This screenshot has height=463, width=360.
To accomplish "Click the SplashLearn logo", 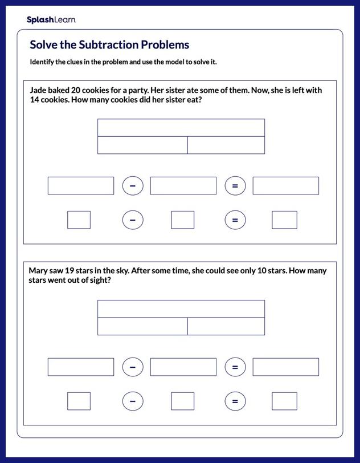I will tap(51, 20).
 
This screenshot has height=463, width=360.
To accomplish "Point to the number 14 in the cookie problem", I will tap(36, 100).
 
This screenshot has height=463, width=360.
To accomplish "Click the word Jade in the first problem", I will tap(39, 91).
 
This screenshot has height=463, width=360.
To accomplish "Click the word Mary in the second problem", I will tap(39, 271).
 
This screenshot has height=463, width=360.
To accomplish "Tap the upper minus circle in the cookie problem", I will tap(133, 186).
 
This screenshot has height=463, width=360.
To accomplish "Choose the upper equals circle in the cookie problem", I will tap(235, 186).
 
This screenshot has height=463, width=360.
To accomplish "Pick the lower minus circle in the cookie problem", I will tap(133, 220).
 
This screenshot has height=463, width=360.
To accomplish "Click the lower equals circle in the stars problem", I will tap(235, 401).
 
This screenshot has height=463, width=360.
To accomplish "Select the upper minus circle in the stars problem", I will tap(133, 367).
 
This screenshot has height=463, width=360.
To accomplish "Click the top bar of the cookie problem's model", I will tap(181, 128).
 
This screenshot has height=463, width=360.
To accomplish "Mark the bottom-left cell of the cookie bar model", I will tap(142, 145).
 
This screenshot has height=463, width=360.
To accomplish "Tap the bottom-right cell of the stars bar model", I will tap(226, 327).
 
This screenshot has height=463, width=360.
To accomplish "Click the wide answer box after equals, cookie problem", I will tap(285, 186).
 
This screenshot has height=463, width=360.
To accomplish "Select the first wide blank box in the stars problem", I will tap(81, 367).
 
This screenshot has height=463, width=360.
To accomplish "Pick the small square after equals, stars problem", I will tap(284, 401).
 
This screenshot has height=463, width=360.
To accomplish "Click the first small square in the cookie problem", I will tap(79, 220).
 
